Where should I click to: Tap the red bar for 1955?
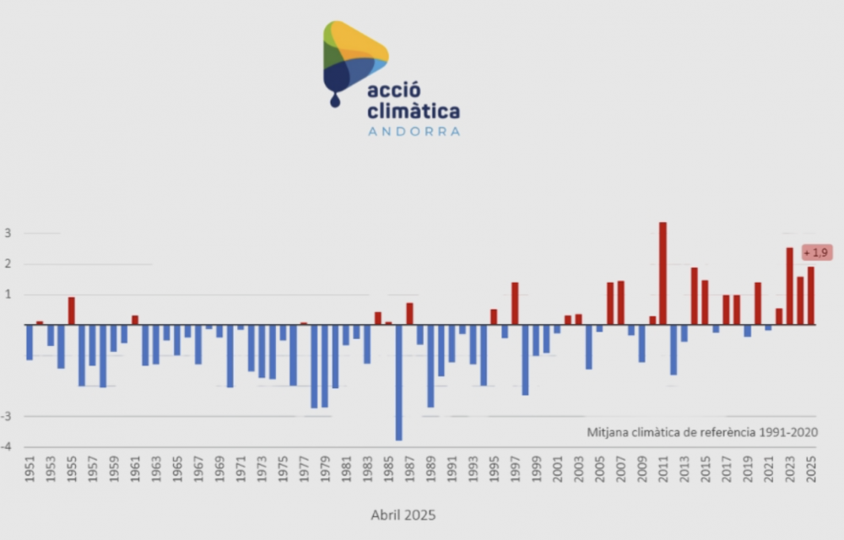[x=72, y=310]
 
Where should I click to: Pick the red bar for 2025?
[x=811, y=295]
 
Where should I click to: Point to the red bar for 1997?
[x=515, y=304]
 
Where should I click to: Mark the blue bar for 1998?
[x=525, y=359]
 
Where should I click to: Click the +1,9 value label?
[x=816, y=252]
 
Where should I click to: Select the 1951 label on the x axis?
[x=30, y=469]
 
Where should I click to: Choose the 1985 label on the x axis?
[x=388, y=469]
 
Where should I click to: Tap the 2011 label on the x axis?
[x=663, y=469]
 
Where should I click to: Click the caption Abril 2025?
[x=403, y=514]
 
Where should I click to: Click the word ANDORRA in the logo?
[x=414, y=132]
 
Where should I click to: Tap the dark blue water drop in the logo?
[x=335, y=100]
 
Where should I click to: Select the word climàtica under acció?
[x=414, y=111]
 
